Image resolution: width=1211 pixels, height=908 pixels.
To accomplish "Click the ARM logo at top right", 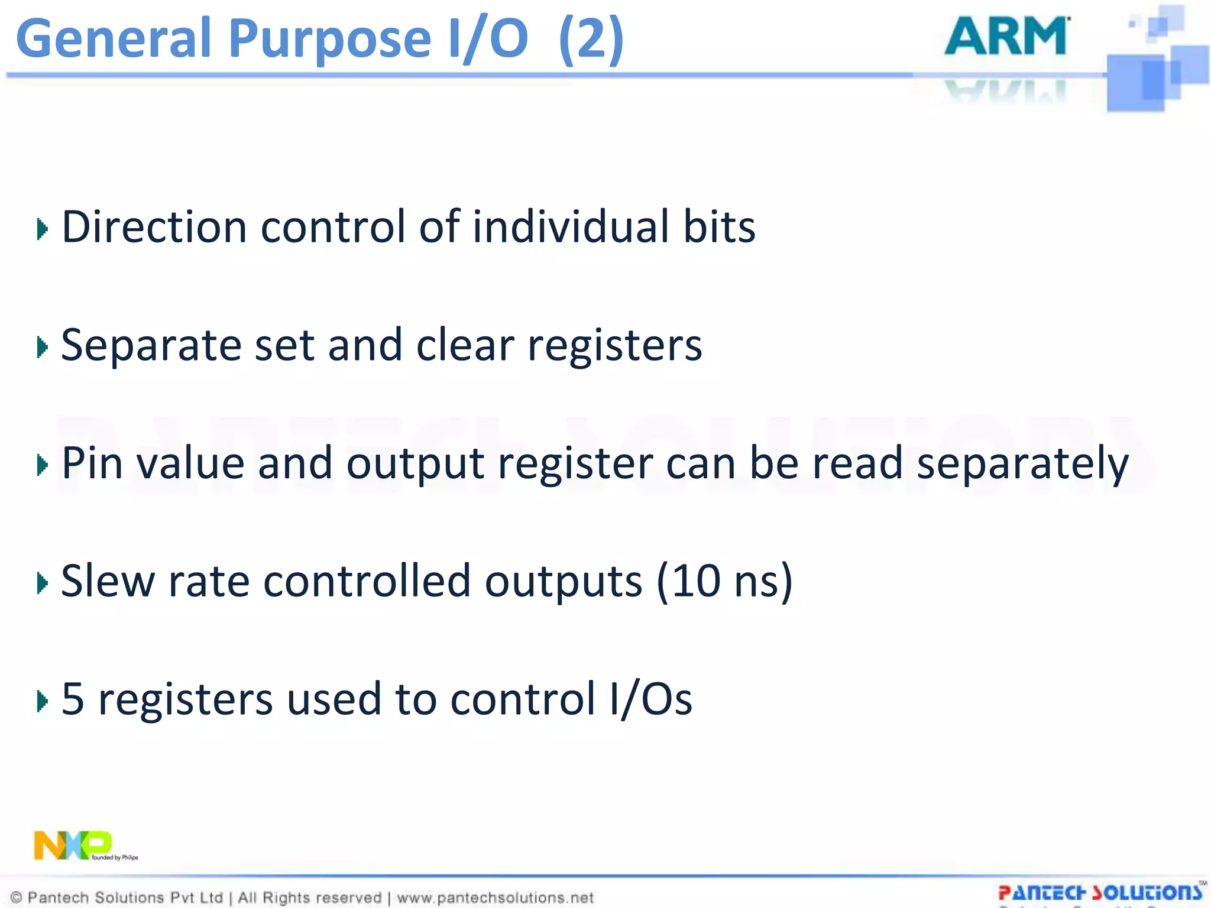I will click(x=1006, y=37).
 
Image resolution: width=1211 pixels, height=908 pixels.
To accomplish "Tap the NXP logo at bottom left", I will click(x=73, y=845).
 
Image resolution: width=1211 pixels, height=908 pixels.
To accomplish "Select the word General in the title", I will click(x=114, y=39).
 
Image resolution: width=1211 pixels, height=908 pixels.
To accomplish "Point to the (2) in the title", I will click(x=591, y=39).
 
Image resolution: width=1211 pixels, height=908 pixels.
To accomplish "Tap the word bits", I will click(x=719, y=227).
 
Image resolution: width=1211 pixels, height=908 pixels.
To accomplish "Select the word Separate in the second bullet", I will click(x=151, y=346).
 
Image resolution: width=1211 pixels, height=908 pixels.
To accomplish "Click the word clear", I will click(x=465, y=345).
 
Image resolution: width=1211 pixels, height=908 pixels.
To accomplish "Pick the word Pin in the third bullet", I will click(x=92, y=463).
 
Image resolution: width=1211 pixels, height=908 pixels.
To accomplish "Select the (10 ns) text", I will click(x=724, y=582).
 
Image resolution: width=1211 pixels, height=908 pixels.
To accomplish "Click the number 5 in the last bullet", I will click(x=73, y=699).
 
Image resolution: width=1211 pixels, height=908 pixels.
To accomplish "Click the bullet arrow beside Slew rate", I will click(x=42, y=583).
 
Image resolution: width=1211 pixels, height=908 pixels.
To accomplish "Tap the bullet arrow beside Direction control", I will click(x=42, y=229).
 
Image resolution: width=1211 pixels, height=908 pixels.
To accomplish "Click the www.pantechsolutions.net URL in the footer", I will click(x=495, y=898).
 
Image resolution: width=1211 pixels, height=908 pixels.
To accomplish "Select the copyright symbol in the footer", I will click(x=17, y=898).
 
